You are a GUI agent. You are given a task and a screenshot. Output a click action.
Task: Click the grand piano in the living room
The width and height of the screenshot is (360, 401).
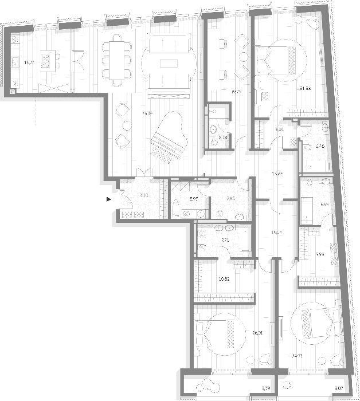[166, 137]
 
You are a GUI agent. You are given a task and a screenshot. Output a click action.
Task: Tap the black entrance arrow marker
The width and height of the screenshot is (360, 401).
[108, 199]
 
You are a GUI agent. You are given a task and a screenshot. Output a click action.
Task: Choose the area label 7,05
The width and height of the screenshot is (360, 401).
[230, 199]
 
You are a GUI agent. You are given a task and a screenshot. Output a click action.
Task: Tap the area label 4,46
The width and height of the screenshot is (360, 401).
[320, 147]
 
